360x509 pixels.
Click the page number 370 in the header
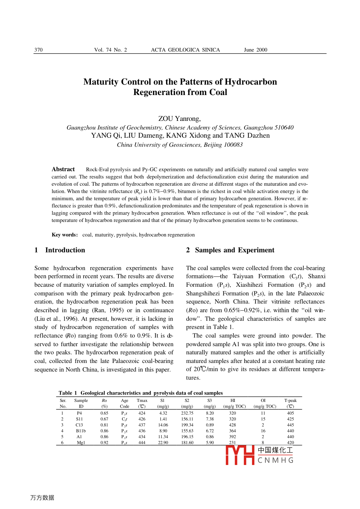pos(39,50)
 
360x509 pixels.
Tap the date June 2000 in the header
pos(255,50)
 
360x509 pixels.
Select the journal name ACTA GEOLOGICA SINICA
pos(185,50)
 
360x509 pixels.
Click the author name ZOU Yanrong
pos(179,119)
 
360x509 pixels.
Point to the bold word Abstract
pos(63,169)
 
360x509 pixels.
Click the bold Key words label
pos(65,235)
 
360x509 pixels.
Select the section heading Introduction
pos(65,250)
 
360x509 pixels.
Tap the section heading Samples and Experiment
pos(235,250)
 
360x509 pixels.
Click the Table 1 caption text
pos(141,393)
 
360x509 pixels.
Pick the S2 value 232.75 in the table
pos(187,413)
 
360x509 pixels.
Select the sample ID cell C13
pos(79,425)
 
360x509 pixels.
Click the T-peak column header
pos(291,401)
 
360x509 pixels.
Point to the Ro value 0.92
pos(104,443)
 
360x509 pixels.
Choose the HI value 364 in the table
pos(233,431)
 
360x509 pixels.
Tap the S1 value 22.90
pos(163,443)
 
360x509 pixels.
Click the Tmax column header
pos(142,401)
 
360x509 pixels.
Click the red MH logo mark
pos(240,455)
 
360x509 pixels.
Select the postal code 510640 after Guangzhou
pos(284,128)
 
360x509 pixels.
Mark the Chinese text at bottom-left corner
pos(42,498)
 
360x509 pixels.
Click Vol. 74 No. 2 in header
pos(110,50)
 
